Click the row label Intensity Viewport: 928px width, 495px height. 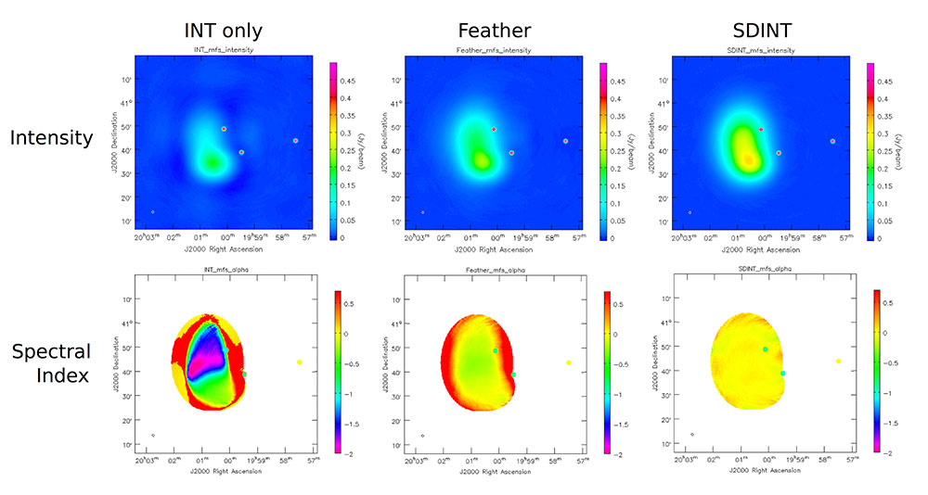(x=51, y=138)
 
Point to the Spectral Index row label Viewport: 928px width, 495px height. (x=51, y=363)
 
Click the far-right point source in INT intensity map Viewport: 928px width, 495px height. (x=295, y=141)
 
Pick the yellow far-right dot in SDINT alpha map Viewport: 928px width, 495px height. (x=838, y=362)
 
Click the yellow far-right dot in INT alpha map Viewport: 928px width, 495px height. (x=299, y=362)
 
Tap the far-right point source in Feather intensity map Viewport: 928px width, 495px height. (x=564, y=141)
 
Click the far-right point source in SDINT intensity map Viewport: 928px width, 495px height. (x=833, y=141)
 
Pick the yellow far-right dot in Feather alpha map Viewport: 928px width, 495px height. (x=568, y=362)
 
